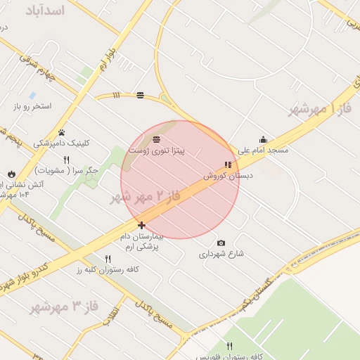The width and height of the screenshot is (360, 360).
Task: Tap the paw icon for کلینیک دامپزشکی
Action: (x=62, y=131)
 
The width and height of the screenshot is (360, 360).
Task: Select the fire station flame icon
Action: (x=11, y=174)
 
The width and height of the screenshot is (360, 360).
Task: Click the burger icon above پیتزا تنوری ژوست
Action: (x=155, y=139)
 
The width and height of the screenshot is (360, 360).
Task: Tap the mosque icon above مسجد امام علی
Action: (x=263, y=139)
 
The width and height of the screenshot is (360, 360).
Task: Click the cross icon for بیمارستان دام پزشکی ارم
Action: (x=141, y=226)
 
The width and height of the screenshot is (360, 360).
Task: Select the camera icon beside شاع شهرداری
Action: (x=221, y=243)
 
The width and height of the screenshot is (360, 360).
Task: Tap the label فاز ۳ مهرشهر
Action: (x=63, y=307)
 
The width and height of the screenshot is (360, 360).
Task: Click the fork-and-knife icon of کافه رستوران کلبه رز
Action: (x=108, y=259)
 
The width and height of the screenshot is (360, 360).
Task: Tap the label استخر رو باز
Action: (x=32, y=107)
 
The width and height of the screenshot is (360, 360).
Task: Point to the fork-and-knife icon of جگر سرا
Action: (x=66, y=160)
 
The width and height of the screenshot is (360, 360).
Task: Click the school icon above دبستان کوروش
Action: (x=227, y=165)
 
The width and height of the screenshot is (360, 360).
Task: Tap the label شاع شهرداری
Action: (x=221, y=254)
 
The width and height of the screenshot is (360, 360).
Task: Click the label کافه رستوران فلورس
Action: (x=229, y=356)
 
